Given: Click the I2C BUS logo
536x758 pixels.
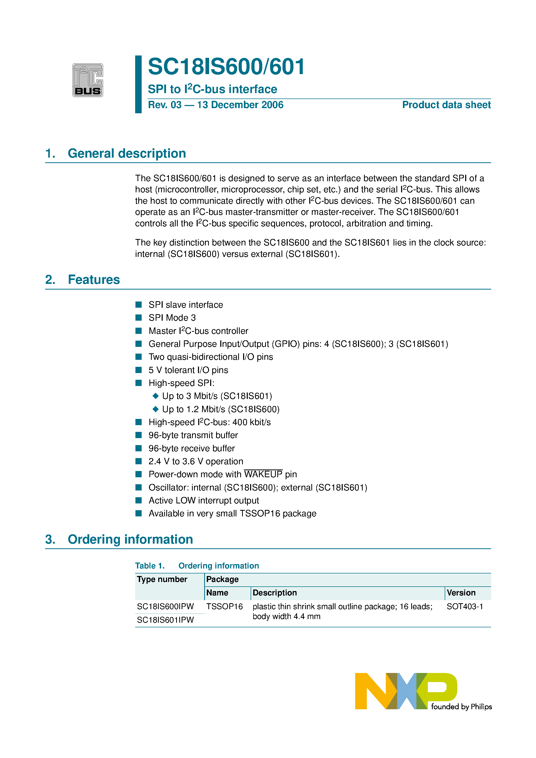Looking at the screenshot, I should (88, 80).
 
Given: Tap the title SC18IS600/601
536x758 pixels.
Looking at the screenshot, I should (226, 67).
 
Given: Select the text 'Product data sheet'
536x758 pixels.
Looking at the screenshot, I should (446, 105).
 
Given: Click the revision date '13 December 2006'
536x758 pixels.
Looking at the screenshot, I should (240, 105).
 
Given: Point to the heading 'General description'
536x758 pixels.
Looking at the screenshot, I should (127, 153).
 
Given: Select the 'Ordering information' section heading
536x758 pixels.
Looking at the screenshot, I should (130, 539).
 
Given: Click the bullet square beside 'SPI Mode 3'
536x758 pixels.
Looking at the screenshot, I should (139, 318).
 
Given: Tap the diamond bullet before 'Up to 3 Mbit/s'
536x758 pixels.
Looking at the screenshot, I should (156, 396).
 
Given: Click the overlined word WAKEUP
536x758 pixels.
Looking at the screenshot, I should (263, 474).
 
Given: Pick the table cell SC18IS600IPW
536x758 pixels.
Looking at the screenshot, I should (165, 606).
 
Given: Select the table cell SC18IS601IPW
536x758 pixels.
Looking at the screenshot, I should (165, 620).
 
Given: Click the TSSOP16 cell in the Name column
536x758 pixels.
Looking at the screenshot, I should (224, 606).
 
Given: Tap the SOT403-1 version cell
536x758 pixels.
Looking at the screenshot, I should (465, 606).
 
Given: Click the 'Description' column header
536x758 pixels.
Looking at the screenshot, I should (274, 593).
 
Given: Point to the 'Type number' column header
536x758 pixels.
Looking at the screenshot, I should (162, 579).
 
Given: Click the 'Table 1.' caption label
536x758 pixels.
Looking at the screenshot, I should (150, 566).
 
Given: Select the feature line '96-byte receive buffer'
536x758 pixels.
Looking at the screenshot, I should (192, 448).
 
